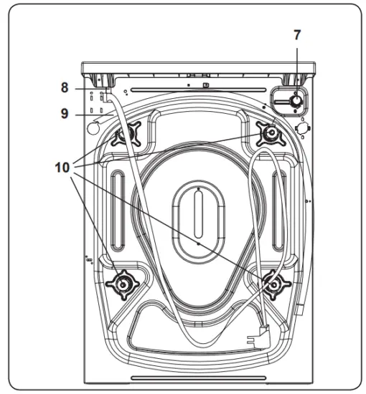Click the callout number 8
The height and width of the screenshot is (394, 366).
click(65, 87)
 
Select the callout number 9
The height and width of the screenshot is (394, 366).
click(65, 112)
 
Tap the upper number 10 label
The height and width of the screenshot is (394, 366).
click(64, 167)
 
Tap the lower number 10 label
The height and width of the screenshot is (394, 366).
click(64, 167)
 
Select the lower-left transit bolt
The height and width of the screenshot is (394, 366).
click(123, 286)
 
